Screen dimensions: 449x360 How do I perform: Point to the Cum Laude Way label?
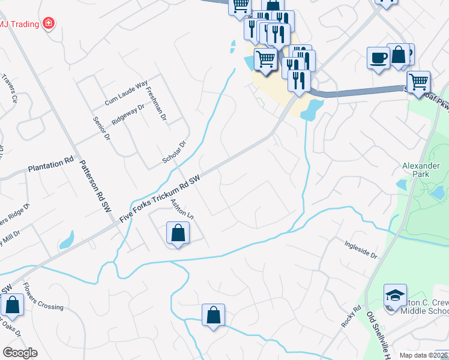tap(125, 94)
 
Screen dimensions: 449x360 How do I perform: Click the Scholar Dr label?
tap(175, 152)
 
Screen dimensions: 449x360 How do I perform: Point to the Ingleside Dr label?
tap(361, 250)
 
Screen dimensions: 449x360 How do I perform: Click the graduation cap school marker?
tap(396, 296)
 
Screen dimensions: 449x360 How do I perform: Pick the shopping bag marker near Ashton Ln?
tap(178, 233)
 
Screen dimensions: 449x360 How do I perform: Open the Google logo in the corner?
tap(19, 352)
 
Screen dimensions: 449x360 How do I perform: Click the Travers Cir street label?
tap(10, 89)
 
